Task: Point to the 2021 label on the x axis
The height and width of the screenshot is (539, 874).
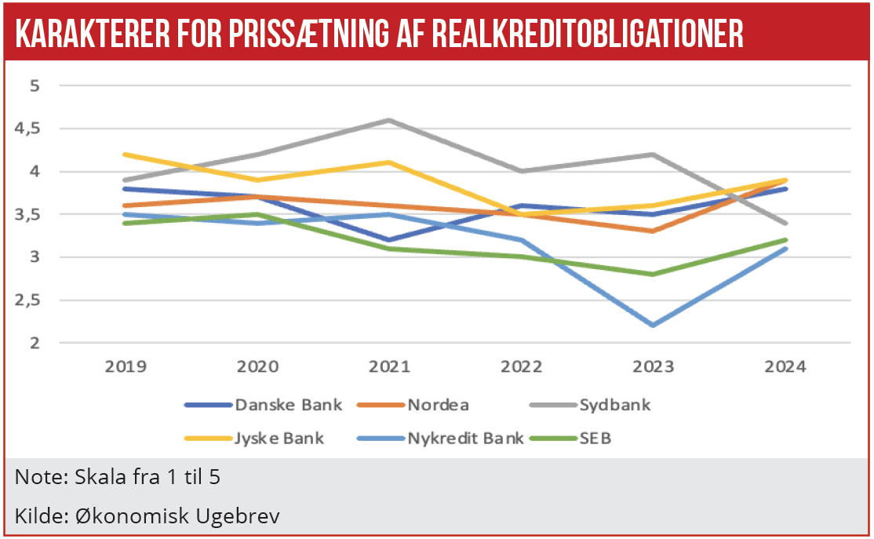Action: tap(390, 367)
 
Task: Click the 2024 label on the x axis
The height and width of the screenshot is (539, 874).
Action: tap(783, 367)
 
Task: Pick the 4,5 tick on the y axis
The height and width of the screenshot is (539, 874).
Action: tap(28, 128)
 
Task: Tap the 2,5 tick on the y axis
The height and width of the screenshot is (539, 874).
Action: tap(28, 300)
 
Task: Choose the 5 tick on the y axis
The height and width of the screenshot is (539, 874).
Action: tap(34, 86)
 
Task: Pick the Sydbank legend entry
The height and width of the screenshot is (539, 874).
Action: tap(614, 405)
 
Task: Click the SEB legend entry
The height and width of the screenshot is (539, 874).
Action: tap(592, 438)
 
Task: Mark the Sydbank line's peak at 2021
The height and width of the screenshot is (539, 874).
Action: tap(390, 120)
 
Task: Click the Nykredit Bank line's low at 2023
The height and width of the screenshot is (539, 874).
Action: tap(650, 325)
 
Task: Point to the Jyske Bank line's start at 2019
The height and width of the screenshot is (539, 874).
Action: tap(125, 155)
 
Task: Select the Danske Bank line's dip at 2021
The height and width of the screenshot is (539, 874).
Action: tap(390, 239)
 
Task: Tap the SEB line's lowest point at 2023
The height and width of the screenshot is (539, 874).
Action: tap(650, 274)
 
